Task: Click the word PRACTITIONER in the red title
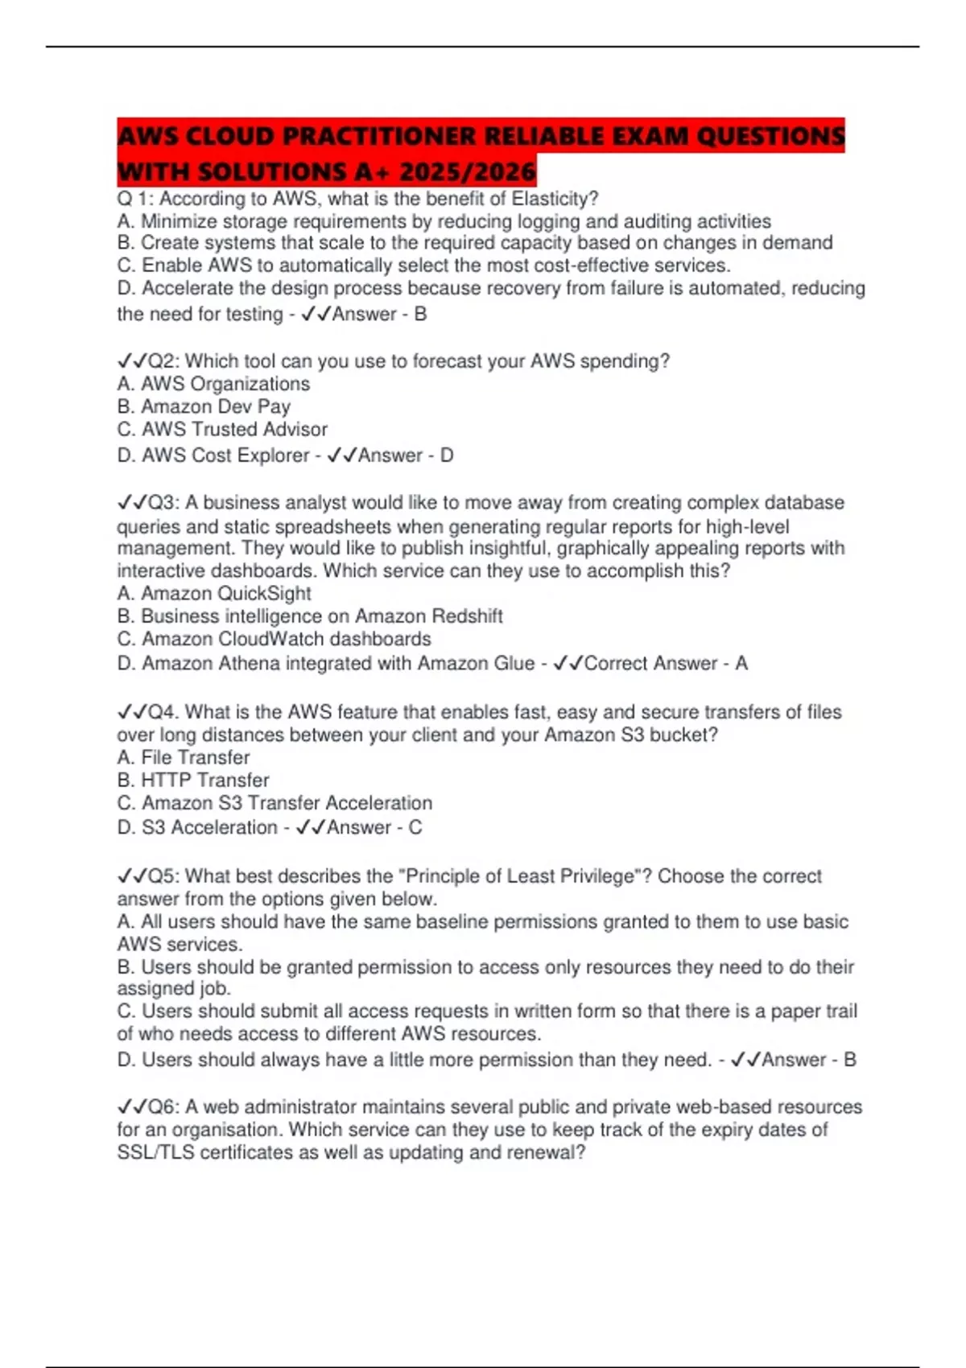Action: [378, 136]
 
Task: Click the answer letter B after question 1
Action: [420, 315]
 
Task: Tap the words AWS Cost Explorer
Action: [225, 455]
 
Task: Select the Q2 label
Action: [161, 361]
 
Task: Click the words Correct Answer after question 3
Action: [650, 664]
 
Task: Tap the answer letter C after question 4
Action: [415, 828]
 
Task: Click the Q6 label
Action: [161, 1107]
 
